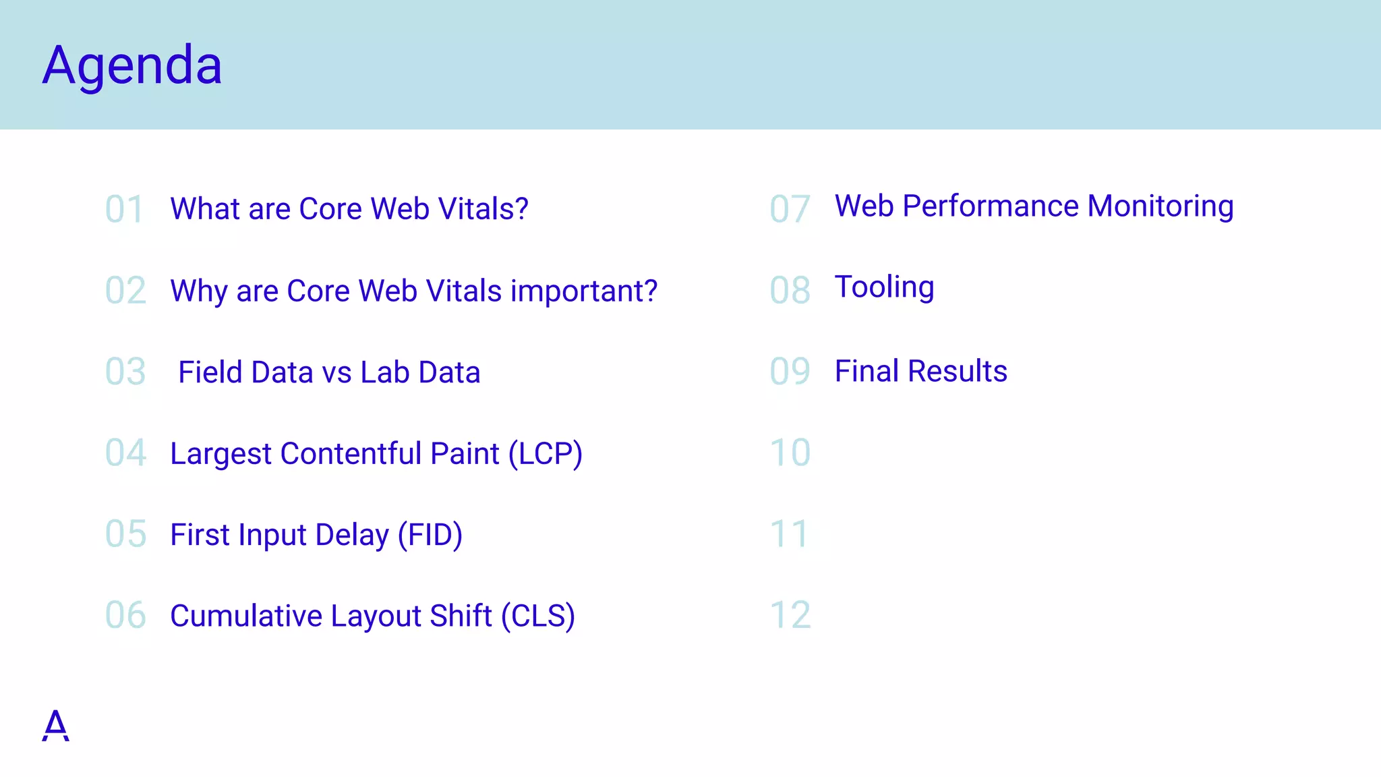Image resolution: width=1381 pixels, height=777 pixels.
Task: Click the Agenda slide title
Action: pos(132,65)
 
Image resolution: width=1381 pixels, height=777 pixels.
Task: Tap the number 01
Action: pos(125,209)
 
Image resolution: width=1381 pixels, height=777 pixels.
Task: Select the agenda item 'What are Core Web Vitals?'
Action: pos(349,209)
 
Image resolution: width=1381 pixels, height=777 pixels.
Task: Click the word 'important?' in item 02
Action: pos(584,291)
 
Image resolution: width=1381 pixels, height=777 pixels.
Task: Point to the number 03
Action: pos(125,372)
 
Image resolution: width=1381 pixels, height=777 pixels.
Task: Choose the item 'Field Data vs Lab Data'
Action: pos(329,372)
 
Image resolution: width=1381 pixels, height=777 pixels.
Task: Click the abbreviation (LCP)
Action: pos(546,453)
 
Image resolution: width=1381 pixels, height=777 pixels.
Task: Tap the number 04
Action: pos(125,453)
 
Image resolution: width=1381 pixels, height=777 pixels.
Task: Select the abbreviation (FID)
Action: pos(430,535)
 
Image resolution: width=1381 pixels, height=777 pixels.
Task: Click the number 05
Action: pos(125,534)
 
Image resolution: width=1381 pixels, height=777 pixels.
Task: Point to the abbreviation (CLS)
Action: pos(537,616)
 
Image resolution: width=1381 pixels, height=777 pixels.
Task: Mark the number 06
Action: pos(125,615)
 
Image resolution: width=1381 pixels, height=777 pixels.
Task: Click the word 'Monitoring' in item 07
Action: pos(1160,206)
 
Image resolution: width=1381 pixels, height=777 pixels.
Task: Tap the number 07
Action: pos(790,209)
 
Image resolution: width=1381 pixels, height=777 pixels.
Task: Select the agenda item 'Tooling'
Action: pos(884,287)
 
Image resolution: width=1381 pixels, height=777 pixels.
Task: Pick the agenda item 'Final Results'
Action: pos(920,371)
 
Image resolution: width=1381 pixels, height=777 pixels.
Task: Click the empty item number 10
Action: pos(790,453)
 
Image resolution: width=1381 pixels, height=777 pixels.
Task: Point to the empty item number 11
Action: pos(789,534)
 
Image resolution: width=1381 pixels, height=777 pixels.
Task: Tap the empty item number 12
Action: pos(790,615)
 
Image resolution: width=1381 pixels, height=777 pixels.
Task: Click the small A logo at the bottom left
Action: pos(55,726)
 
